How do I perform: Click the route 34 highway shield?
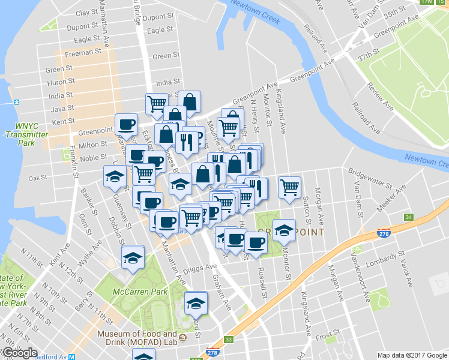(x=409, y=217)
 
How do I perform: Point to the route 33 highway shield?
(x=228, y=340)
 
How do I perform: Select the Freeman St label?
(x=83, y=53)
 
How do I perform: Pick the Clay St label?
(x=87, y=13)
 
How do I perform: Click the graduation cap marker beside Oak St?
(x=115, y=176)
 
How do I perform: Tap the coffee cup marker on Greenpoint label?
(x=126, y=124)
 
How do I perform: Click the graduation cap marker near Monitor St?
(x=284, y=230)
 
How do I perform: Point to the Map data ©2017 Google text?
(x=412, y=355)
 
